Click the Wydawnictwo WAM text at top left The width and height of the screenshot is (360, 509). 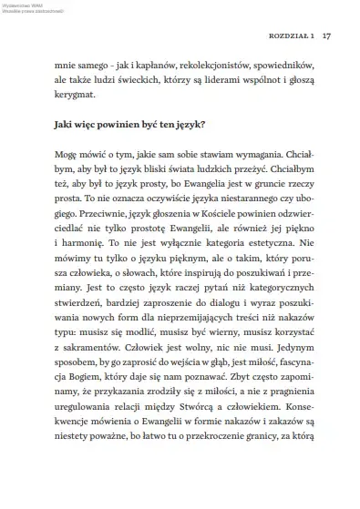pyautogui.click(x=19, y=5)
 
